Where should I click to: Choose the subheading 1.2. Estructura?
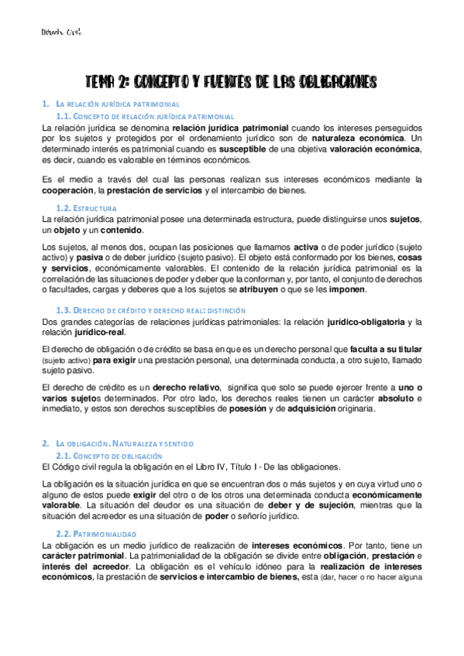click(86, 208)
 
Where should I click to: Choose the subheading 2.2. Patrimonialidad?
click(96, 534)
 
